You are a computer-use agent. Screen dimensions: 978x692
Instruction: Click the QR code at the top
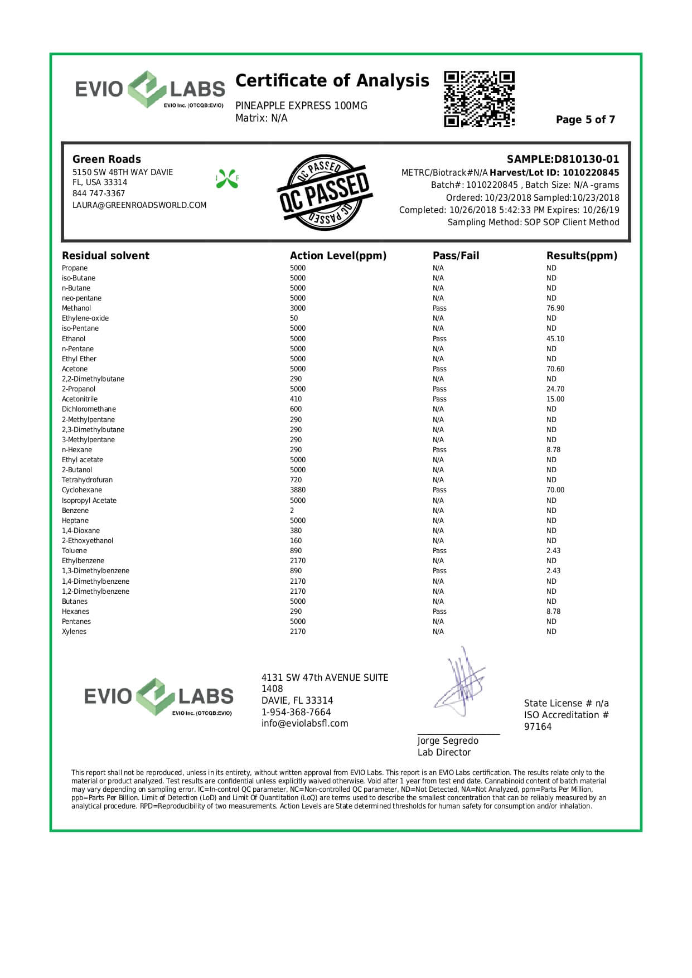479,99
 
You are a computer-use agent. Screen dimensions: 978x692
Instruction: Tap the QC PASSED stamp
324,192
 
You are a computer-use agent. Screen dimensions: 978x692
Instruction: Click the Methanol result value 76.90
555,308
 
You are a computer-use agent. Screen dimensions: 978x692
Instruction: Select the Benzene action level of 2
292,511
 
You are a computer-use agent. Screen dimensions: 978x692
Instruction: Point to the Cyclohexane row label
82,490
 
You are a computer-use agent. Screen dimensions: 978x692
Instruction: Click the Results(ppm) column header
582,256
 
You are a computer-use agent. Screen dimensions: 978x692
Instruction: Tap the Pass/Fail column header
456,256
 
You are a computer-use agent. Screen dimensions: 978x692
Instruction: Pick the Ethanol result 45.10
555,339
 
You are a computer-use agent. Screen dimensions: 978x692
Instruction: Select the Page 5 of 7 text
585,120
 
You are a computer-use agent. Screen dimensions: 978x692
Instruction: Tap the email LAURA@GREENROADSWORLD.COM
139,205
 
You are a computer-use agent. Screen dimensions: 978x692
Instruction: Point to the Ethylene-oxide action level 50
294,318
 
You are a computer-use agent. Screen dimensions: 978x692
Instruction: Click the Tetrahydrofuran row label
87,480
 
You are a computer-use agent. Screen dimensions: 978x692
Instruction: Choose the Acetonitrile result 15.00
555,399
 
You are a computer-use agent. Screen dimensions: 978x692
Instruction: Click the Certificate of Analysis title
332,81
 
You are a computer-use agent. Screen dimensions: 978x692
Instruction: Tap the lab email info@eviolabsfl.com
304,724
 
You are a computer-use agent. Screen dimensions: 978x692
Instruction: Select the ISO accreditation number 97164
538,727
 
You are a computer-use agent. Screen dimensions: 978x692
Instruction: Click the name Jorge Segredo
448,741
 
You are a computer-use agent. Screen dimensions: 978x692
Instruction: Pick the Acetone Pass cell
439,369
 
